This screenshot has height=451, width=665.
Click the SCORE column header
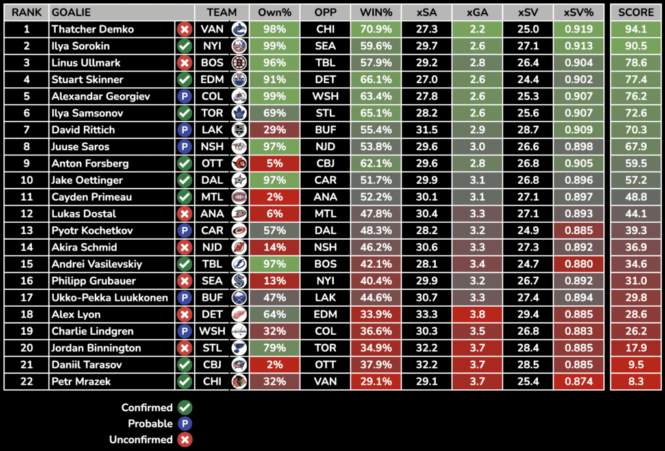pos(636,12)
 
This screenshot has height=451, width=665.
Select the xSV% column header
pos(578,12)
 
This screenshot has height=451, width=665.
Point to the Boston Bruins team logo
pos(239,63)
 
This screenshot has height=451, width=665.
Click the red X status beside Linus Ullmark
pos(184,63)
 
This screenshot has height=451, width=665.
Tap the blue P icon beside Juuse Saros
pos(184,147)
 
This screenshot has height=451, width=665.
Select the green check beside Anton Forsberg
pos(184,164)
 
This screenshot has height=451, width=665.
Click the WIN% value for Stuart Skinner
pos(375,80)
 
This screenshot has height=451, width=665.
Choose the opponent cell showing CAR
pos(325,180)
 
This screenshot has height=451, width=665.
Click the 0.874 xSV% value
pos(578,381)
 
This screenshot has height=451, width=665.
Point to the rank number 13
pos(27,231)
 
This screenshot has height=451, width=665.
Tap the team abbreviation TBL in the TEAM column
pos(212,264)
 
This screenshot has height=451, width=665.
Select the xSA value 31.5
pos(425,130)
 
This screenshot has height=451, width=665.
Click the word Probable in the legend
pos(150,424)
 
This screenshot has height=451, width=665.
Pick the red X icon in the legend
pos(184,440)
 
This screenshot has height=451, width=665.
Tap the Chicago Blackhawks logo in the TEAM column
pos(239,381)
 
